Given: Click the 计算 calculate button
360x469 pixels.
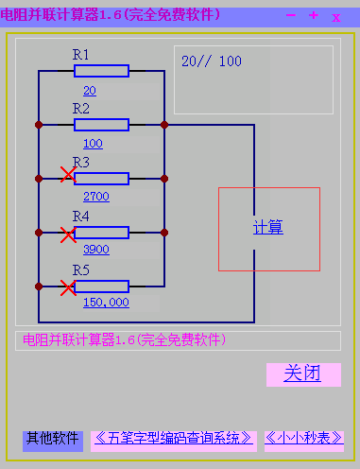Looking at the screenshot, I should point(268,228).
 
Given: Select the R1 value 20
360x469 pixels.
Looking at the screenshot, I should point(90,91).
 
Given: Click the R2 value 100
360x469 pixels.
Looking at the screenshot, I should point(93,144).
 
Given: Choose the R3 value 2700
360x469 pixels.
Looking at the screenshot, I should point(96,197).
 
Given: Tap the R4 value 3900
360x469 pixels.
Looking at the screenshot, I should point(96,250).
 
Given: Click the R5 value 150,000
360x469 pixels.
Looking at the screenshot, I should point(106,303).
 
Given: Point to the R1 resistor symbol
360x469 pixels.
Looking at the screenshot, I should point(101,70).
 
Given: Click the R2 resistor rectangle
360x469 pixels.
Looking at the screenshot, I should point(101,124).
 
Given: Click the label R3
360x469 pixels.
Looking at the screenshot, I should point(81,163).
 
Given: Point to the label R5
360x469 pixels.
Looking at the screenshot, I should point(81,271).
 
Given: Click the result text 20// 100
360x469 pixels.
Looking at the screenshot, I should point(211,61).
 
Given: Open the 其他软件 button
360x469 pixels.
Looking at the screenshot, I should point(52,439).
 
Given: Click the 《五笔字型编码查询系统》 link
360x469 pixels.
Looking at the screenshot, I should point(175,439).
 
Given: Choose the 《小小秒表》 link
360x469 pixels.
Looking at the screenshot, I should point(303,439).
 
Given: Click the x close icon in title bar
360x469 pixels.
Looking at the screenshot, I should point(336,17).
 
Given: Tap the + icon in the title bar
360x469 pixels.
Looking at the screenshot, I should point(314,16).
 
